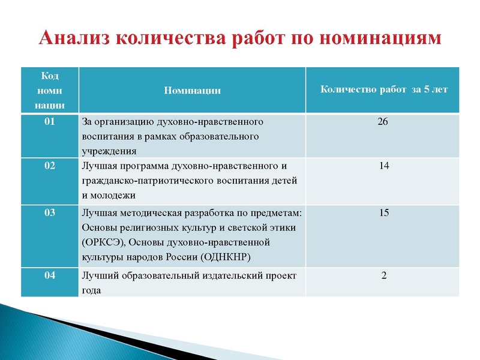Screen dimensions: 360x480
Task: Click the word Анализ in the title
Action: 72,38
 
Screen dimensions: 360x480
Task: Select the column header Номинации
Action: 192,91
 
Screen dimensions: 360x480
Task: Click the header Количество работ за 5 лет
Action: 384,90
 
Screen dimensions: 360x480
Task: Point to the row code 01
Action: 49,122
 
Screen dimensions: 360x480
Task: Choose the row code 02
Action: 49,166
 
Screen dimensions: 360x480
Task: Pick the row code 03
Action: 49,212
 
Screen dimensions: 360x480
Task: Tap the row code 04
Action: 49,275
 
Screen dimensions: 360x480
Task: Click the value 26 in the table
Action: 383,122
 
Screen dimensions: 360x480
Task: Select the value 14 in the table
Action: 384,166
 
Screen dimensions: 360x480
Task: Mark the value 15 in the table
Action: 384,212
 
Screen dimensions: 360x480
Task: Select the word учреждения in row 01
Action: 109,151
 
